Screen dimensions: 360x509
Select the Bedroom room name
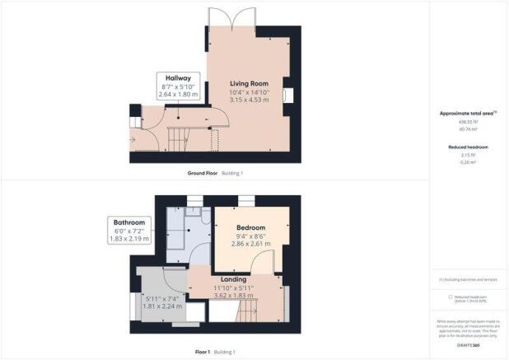251,227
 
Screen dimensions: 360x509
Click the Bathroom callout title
130,222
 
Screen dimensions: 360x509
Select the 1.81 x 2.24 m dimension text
162,306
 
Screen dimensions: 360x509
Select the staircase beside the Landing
249,311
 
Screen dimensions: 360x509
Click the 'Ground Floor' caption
202,174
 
